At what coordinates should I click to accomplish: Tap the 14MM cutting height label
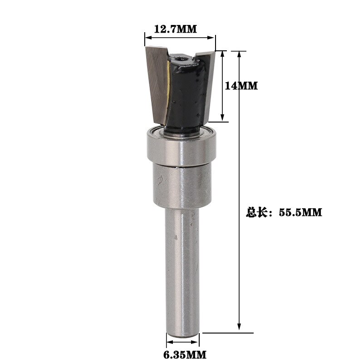click(x=241, y=85)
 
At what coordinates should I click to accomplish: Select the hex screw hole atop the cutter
click(x=181, y=58)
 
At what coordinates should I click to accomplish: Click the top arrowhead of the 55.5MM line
click(x=239, y=54)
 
